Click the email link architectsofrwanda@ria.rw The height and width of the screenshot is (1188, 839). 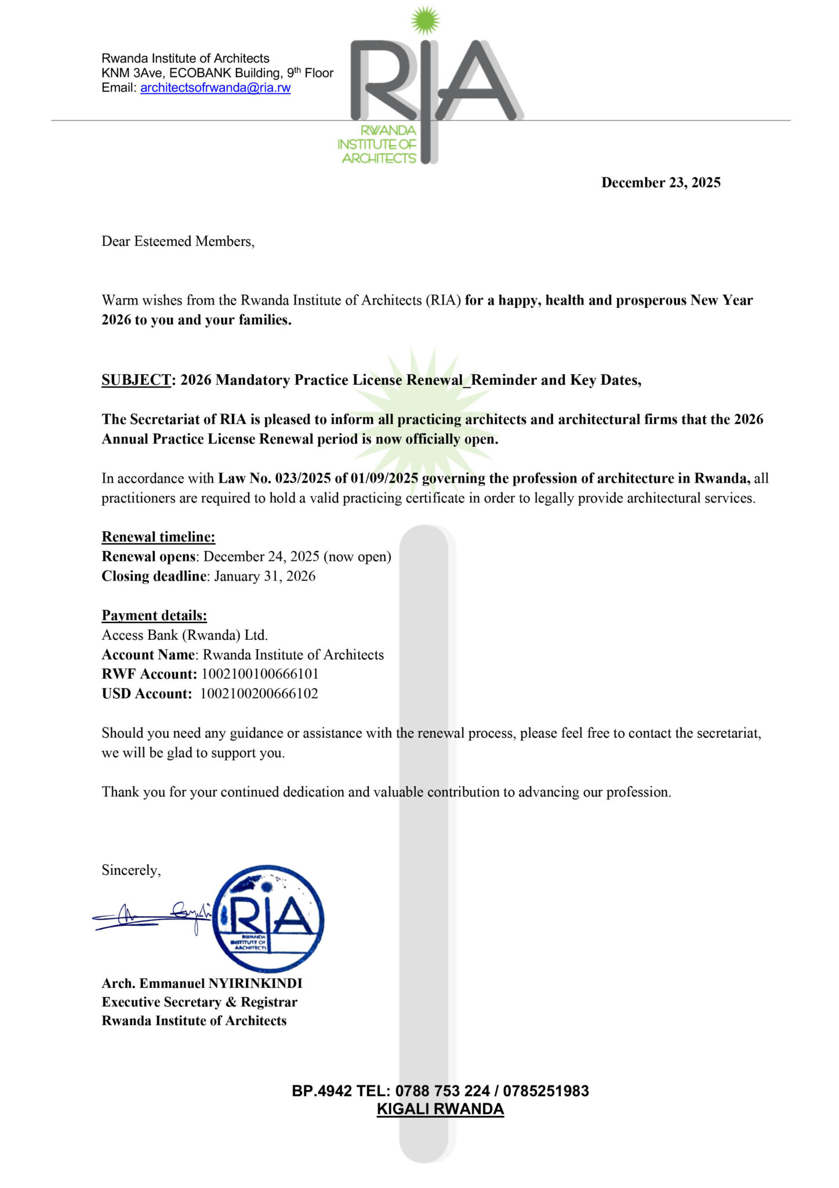215,88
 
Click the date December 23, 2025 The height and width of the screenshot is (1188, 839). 660,183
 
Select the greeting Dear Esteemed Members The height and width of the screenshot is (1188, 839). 177,241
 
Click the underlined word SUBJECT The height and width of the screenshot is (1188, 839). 136,380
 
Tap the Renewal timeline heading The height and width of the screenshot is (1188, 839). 158,537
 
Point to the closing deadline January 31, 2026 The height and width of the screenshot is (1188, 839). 264,577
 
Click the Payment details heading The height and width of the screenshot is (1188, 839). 154,615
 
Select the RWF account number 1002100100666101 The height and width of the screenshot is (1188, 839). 260,674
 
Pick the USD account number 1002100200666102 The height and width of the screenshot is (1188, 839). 259,694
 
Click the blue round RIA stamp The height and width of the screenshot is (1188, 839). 268,919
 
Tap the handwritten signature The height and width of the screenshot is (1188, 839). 152,916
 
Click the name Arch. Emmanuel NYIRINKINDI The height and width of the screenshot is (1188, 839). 202,983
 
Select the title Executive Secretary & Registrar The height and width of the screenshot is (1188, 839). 199,1002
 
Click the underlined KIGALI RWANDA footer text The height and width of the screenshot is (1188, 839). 440,1109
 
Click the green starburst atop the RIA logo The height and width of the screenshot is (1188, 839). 426,21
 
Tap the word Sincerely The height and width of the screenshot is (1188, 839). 131,870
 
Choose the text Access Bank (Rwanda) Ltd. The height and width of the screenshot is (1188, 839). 184,635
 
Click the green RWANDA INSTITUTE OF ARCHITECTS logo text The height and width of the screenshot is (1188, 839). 378,144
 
